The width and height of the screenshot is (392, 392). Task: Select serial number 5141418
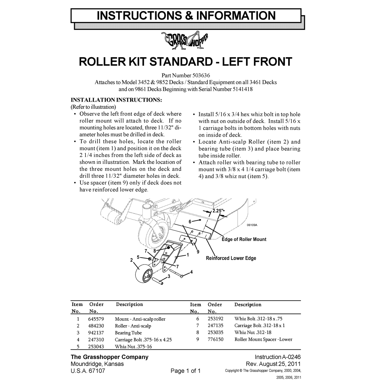[243, 89]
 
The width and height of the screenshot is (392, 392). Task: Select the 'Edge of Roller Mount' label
[244, 239]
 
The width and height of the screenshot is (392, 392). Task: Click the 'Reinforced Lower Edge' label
[231, 258]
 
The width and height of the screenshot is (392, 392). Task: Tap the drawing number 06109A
[252, 225]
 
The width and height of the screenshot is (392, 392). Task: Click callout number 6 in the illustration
[190, 222]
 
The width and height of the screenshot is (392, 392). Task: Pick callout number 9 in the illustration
[198, 252]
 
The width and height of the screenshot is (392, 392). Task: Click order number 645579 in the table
[96, 319]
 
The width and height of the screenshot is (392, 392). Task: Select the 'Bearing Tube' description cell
[128, 333]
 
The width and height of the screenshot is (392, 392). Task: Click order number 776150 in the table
[215, 339]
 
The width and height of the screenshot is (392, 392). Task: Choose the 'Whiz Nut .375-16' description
[133, 346]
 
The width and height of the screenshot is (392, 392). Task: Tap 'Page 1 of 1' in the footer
[186, 371]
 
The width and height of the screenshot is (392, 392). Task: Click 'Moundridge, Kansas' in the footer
[97, 364]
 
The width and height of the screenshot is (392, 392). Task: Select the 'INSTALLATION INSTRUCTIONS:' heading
[116, 100]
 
